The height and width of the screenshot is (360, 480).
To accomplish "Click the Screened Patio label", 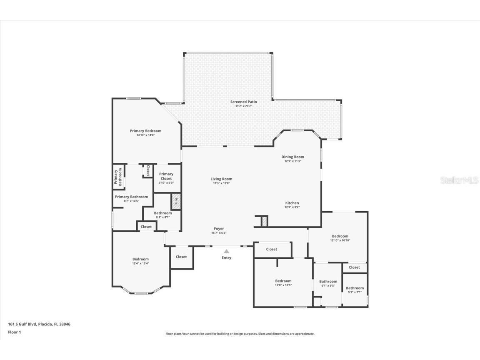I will coord(244,102).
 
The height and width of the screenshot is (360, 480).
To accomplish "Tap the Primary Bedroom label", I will coord(145,131).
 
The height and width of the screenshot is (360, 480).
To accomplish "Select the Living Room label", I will coord(221,179).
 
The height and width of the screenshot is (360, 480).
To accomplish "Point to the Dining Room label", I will coord(292,157).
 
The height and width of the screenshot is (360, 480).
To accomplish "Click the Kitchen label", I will coord(292,203).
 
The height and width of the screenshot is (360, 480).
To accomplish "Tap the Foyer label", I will coord(219,228).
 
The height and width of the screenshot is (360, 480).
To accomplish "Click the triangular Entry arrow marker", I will coord(226,251).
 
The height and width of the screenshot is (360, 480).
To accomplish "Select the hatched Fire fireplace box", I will coord(176,201).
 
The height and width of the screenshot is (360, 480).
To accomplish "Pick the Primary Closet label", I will coord(166,176).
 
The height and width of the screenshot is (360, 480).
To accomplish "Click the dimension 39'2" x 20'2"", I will coord(244,106).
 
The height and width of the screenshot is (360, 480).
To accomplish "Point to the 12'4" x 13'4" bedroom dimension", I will coord(140,263).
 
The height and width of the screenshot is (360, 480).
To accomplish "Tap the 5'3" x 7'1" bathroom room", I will coord(355,290).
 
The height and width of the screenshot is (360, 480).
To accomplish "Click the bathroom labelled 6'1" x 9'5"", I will coord(328,283).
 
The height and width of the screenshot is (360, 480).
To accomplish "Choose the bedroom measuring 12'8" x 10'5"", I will coord(283,283).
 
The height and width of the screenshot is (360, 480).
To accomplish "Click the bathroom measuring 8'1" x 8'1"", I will coord(162,215).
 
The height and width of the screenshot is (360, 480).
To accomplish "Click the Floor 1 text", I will coord(14,332).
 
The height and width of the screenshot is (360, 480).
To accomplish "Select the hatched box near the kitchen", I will coord(264,221).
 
